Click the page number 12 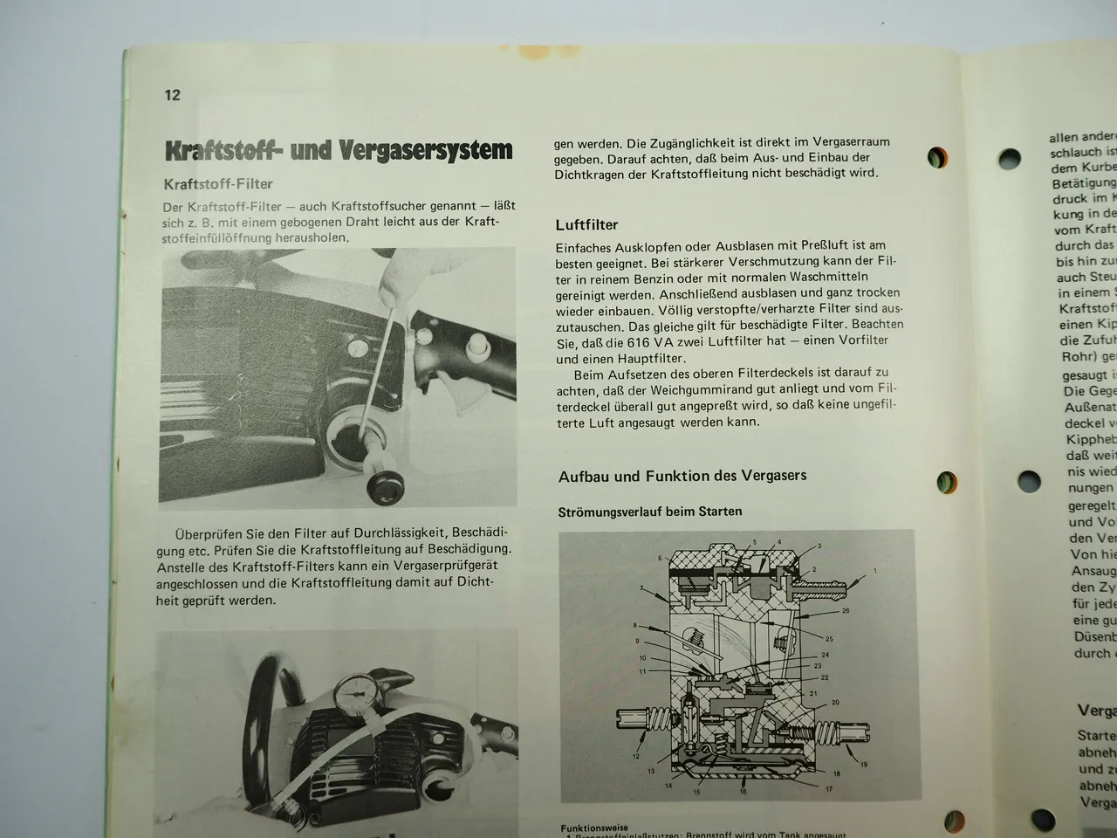(172, 94)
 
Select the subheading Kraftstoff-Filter (217, 184)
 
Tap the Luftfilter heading (586, 225)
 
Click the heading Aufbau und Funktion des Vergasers (682, 476)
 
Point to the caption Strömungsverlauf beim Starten (649, 512)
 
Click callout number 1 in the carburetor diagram (875, 572)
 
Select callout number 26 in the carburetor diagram (846, 611)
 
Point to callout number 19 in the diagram (863, 765)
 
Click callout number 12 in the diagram (636, 757)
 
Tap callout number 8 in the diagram (636, 626)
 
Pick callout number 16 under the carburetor (743, 793)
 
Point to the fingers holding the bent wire (405, 270)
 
